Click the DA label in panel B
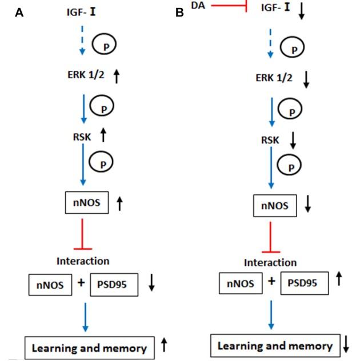point(198,7)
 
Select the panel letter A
point(19,13)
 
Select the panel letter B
point(179,13)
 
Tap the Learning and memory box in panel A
point(89,347)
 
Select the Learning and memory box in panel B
point(276,346)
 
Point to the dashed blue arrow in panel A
point(82,40)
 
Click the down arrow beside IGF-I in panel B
point(302,11)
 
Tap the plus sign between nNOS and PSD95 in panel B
point(271,281)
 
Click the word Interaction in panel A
point(82,261)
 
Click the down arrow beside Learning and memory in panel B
point(346,344)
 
